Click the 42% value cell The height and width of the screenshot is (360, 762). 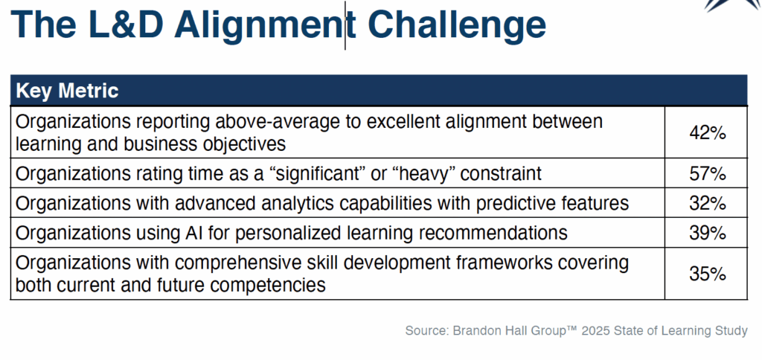707,132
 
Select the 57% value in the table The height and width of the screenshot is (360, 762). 707,173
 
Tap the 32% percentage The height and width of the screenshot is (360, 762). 707,203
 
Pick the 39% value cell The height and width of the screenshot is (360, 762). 707,233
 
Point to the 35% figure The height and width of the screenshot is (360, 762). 707,274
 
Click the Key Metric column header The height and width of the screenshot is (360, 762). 67,91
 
